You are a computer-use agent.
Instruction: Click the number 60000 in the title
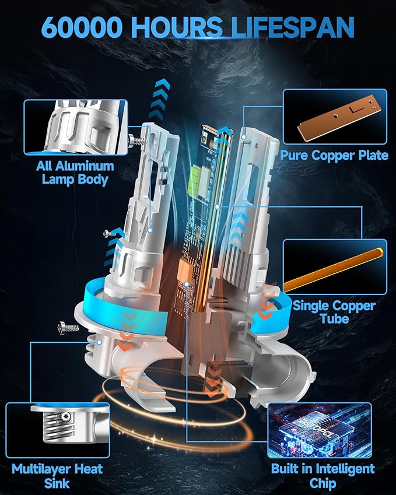tap(82, 27)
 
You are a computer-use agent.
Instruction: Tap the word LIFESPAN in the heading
tap(293, 27)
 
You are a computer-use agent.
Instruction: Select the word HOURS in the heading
tap(177, 27)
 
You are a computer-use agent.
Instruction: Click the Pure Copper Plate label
tap(334, 155)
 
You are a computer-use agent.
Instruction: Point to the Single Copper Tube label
tap(334, 311)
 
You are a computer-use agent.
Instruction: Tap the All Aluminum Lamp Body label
tap(75, 173)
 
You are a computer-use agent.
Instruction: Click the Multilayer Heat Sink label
tap(57, 476)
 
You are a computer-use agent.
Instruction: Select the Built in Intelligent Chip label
tap(323, 475)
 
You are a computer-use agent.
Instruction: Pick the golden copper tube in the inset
tap(334, 269)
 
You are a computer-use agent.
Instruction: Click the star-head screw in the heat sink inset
tap(66, 416)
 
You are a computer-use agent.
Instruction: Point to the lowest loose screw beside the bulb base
tap(68, 328)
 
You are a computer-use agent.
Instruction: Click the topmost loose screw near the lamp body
tap(138, 139)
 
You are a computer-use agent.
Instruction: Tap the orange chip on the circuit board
tap(185, 269)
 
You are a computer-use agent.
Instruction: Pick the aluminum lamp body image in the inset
tap(76, 127)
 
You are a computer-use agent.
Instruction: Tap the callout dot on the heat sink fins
tap(100, 342)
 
